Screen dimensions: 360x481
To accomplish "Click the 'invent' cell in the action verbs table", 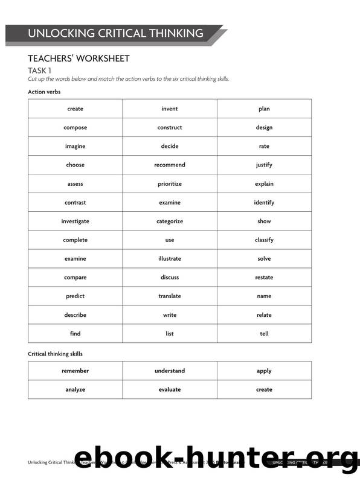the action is point(170,109).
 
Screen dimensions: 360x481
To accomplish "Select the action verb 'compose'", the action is point(76,127).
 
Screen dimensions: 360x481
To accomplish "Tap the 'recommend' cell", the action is point(170,165).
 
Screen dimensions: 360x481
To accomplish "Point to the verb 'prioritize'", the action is point(170,183).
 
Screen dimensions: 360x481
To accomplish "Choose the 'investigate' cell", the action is point(76,221).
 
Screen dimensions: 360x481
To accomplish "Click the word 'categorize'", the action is point(170,221).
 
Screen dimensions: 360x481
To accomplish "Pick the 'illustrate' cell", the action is point(170,258).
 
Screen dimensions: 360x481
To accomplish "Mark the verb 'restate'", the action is point(264,277).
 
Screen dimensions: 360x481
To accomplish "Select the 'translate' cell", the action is point(170,296).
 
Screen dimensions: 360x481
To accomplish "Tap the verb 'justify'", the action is point(264,165).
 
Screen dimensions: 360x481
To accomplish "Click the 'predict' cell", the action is point(76,296).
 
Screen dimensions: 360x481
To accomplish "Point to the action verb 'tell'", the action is point(264,333).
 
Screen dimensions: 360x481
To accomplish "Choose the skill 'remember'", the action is point(76,371).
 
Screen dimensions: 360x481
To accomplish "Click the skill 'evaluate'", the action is point(170,389).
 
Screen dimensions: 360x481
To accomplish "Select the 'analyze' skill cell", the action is point(76,389).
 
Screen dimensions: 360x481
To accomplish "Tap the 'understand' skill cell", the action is point(170,371).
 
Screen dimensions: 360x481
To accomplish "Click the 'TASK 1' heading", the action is point(39,71).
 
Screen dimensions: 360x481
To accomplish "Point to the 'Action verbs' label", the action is point(44,92).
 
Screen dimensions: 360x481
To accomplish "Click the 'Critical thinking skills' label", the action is point(56,354).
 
